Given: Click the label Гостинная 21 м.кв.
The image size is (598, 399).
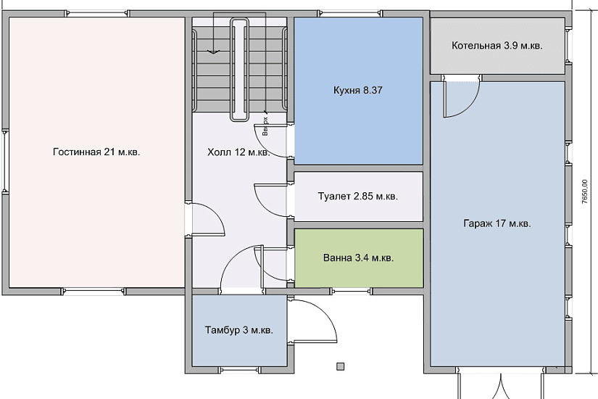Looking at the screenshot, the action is click(x=96, y=152).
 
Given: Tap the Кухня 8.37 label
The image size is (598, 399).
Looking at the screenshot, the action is click(x=358, y=91).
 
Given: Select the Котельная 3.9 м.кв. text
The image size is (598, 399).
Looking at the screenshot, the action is click(x=497, y=46).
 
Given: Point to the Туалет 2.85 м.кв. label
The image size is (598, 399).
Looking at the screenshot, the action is click(x=358, y=197).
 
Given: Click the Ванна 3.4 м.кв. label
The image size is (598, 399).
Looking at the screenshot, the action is click(x=359, y=258).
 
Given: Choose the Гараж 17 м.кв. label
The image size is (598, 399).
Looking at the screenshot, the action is click(x=497, y=223).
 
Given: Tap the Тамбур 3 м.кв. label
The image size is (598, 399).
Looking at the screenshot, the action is click(x=239, y=330).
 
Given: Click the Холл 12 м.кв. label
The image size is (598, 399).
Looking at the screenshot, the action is click(x=238, y=152).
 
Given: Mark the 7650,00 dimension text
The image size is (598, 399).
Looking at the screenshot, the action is click(x=585, y=192).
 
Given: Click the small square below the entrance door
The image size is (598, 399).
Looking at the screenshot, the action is click(x=341, y=366).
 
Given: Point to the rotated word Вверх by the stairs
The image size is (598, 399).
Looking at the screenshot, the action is click(x=265, y=127).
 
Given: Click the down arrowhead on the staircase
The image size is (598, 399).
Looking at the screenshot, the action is click(x=214, y=52).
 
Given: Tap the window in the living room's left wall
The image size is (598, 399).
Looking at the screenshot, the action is click(x=5, y=161).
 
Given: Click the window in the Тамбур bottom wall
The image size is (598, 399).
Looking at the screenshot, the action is click(x=239, y=369).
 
